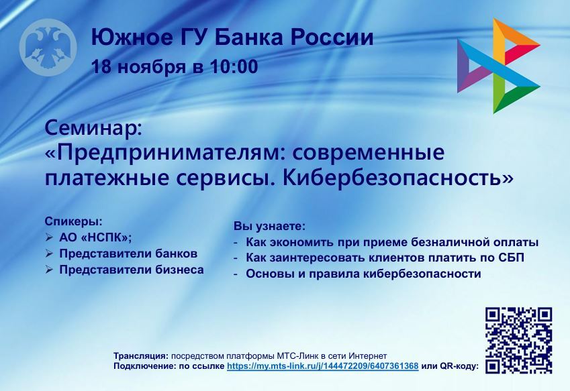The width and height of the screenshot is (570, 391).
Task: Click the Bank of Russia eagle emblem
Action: click(x=48, y=48)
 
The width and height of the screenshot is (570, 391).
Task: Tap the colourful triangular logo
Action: click(x=497, y=65)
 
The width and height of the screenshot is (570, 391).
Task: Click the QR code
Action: click(x=518, y=340)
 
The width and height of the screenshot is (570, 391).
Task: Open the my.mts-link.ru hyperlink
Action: click(x=323, y=366)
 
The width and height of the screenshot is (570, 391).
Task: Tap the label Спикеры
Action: click(x=73, y=221)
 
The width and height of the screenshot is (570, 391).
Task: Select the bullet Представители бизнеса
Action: click(x=131, y=270)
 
